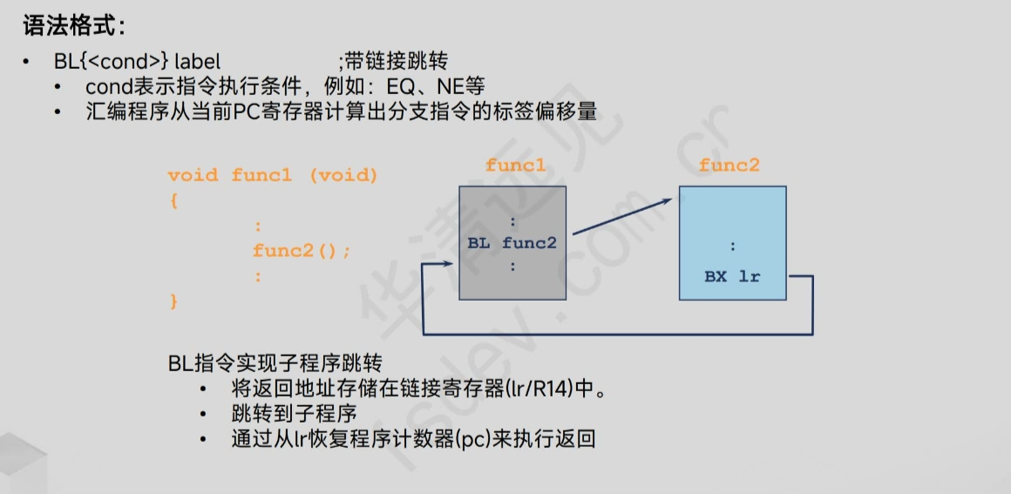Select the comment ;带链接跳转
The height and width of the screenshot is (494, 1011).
pos(393,62)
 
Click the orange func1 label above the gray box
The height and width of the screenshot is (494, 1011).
pos(516,166)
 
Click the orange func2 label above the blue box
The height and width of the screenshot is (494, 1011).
pos(729,166)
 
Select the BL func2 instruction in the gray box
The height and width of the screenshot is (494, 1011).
pos(512,243)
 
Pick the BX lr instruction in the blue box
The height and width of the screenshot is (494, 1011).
pos(732,277)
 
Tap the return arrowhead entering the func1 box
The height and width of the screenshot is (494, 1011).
pos(428,268)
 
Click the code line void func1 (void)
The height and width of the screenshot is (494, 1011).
pos(273,175)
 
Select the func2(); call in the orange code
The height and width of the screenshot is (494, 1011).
pos(302,251)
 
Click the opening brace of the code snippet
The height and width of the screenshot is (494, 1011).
pos(173,200)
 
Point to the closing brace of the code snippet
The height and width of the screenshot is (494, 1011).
pos(173,301)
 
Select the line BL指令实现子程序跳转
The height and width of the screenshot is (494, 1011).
pos(275,363)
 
